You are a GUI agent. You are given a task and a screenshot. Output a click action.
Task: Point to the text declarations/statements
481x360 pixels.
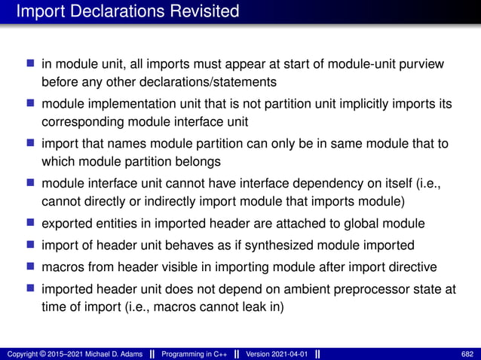pos(186,81)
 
